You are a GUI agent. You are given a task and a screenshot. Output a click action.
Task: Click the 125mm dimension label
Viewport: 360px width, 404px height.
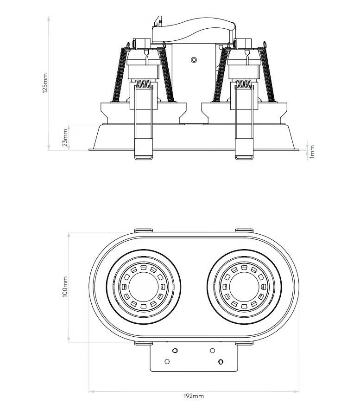45,83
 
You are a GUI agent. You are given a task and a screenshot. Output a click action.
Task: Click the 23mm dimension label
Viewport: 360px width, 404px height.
65,137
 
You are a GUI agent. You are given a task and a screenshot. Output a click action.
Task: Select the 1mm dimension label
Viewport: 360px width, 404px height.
312,152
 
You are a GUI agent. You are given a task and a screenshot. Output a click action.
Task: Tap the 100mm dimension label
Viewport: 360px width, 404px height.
65,287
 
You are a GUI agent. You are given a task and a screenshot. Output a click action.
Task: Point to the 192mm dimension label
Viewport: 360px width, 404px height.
194,396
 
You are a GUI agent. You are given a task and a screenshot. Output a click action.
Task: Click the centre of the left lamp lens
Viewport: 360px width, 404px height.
143,287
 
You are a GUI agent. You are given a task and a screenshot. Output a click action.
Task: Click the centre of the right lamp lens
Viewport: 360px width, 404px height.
244,287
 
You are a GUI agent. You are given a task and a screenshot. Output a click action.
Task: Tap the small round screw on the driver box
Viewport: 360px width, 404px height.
194,60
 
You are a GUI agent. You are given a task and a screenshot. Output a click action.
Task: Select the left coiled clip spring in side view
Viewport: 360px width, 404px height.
143,84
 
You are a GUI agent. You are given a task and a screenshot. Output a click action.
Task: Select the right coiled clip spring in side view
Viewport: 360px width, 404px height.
244,84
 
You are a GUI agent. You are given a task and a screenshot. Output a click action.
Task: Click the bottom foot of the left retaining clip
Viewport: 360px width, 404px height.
143,157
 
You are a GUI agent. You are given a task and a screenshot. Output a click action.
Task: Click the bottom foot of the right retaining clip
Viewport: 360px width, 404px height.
244,157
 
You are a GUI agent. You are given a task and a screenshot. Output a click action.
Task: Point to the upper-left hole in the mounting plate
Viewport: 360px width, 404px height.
175,350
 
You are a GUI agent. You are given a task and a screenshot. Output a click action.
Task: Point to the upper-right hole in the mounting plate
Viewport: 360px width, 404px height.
213,350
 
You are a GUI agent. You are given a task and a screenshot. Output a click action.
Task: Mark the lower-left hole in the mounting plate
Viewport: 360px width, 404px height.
167,361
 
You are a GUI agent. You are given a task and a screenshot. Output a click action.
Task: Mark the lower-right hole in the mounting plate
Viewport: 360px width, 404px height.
221,361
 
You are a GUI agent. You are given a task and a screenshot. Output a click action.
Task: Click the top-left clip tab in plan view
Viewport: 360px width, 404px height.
144,230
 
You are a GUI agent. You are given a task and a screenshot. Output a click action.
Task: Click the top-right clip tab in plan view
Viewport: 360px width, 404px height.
244,230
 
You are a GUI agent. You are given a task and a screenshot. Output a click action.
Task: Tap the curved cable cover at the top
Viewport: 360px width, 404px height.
194,30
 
